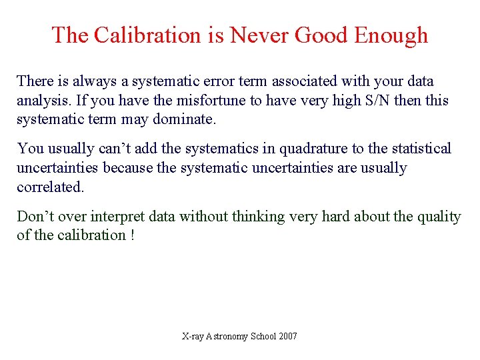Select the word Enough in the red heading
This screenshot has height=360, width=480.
click(x=391, y=35)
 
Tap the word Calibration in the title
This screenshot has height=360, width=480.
click(x=147, y=35)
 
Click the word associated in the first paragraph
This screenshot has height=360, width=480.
click(x=304, y=81)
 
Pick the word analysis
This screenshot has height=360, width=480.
click(x=39, y=101)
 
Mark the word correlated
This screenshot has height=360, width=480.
click(x=50, y=187)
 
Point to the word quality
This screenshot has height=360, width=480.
click(x=437, y=217)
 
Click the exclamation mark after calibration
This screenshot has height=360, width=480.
click(x=132, y=235)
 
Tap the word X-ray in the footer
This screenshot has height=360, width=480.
click(x=193, y=337)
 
